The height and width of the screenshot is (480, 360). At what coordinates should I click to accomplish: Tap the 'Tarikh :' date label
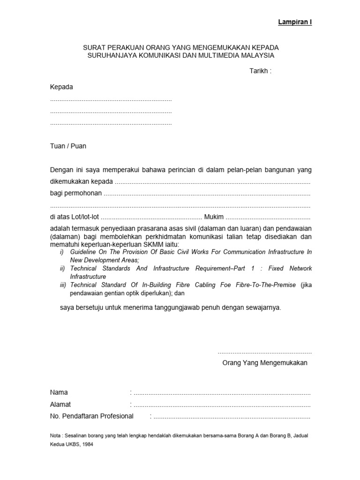(260, 71)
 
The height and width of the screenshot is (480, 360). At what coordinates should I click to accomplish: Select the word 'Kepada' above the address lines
(61, 87)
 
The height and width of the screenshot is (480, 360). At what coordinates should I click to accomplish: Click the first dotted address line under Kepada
(111, 100)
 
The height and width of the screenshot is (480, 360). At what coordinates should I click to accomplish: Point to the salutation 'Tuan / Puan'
(68, 146)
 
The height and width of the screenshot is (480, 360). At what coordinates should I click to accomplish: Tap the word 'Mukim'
(214, 217)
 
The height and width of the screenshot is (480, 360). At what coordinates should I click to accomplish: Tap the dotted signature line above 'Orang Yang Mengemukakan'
(264, 352)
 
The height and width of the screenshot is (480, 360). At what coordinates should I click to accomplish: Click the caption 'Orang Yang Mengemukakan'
(265, 363)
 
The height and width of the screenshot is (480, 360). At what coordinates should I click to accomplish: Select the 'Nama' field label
(59, 392)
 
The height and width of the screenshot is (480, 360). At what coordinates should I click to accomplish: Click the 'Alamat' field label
(60, 404)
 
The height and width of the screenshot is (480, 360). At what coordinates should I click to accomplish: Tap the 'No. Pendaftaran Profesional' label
(92, 416)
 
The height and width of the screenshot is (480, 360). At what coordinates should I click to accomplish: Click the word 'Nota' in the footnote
(55, 435)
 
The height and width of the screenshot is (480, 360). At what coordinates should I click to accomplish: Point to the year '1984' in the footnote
(87, 445)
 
